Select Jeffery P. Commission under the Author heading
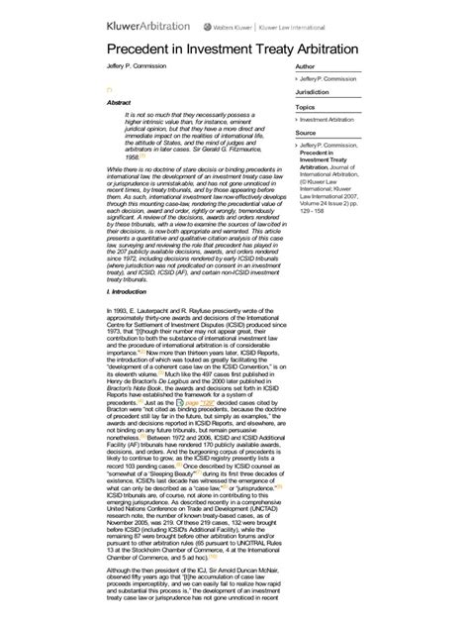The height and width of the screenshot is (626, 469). click(330, 78)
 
